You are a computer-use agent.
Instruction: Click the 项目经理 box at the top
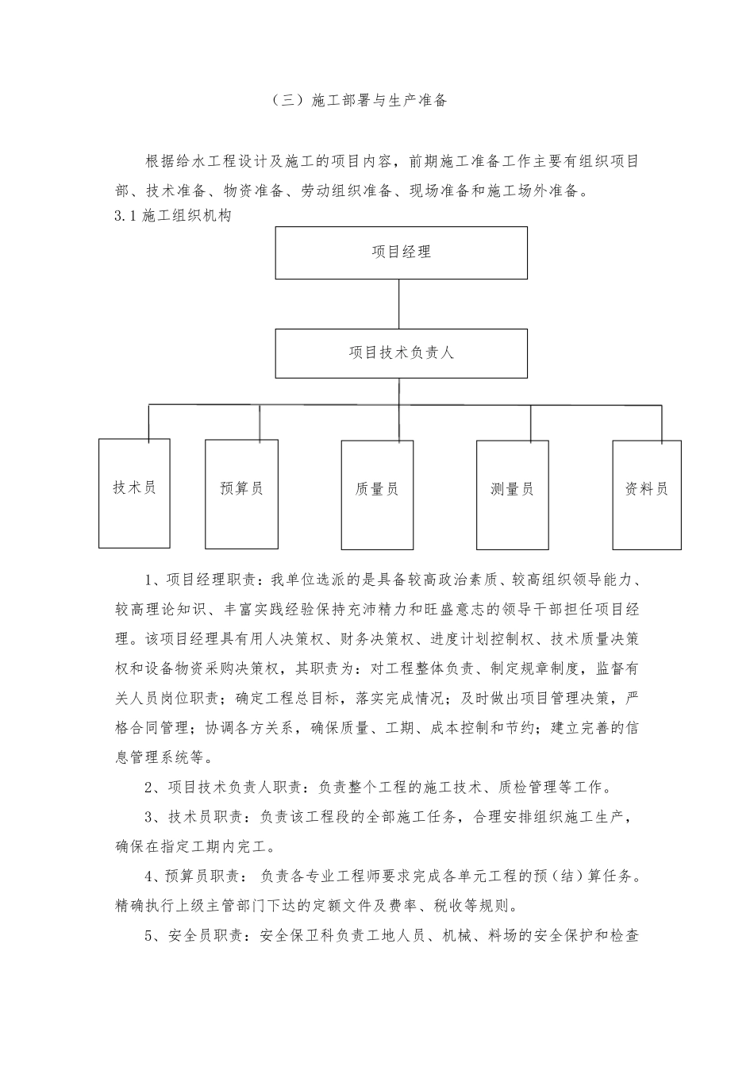coord(401,252)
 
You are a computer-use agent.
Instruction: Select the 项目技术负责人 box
coord(401,353)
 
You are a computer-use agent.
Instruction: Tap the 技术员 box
coord(134,493)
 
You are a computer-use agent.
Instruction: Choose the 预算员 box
coord(241,493)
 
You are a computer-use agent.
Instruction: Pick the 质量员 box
coord(377,494)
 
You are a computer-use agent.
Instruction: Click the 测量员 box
coord(512,494)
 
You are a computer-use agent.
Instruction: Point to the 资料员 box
coord(647,494)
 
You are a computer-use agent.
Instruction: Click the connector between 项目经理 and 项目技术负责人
coord(401,305)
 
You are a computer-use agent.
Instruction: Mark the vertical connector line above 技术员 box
coord(148,422)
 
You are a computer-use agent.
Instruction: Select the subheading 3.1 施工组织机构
coord(174,216)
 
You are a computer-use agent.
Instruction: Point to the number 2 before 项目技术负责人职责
coord(149,788)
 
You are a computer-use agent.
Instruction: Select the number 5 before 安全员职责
coord(149,937)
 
